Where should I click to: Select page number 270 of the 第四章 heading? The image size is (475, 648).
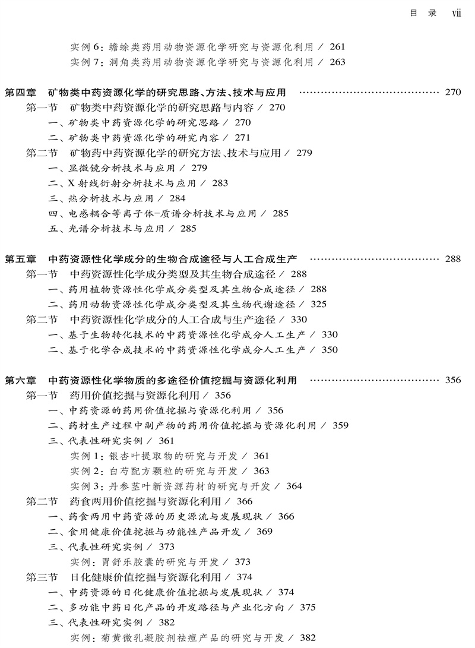pyautogui.click(x=452, y=93)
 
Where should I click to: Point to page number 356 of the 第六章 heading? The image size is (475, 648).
pyautogui.click(x=452, y=380)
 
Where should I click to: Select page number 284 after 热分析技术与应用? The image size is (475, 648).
pyautogui.click(x=177, y=198)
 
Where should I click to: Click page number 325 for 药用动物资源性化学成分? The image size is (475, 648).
pyautogui.click(x=318, y=305)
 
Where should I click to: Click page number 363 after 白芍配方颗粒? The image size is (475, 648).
pyautogui.click(x=261, y=471)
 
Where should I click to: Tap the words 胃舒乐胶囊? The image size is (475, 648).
pyautogui.click(x=126, y=562)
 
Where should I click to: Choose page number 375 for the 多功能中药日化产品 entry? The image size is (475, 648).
pyautogui.click(x=308, y=608)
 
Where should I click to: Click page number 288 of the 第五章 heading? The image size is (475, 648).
pyautogui.click(x=452, y=260)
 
